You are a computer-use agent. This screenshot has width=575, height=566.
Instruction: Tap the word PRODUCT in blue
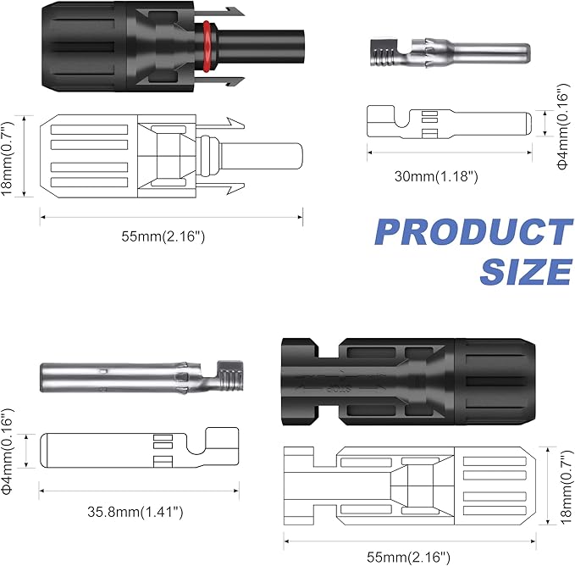[x=474, y=232]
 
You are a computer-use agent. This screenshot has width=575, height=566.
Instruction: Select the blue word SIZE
[x=526, y=271]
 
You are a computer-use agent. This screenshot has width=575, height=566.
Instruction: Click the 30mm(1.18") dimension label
[x=436, y=176]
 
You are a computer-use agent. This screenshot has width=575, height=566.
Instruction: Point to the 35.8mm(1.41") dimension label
[x=135, y=511]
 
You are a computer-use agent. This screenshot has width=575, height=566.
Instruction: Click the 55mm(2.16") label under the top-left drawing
[x=163, y=236]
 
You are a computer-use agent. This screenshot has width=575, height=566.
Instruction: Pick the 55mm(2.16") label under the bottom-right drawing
[x=408, y=557]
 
